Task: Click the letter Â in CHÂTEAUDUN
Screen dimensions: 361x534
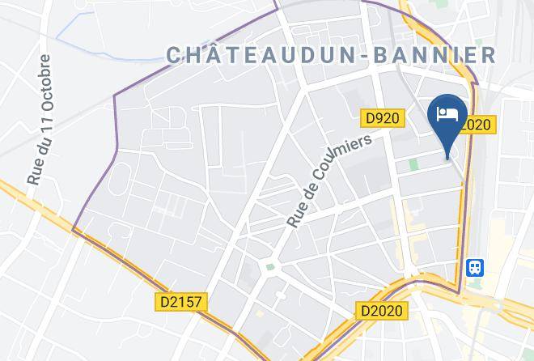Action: point(214,54)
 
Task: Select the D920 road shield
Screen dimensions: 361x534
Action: point(381,118)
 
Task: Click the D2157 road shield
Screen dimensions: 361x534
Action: point(181,302)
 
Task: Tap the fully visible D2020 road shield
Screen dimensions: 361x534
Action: point(383,310)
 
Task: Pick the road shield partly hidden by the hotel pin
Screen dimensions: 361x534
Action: point(477,125)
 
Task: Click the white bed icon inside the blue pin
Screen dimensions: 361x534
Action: point(447,113)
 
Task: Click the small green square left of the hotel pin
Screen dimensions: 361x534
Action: point(414,164)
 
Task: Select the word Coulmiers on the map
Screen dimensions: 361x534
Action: point(341,162)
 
